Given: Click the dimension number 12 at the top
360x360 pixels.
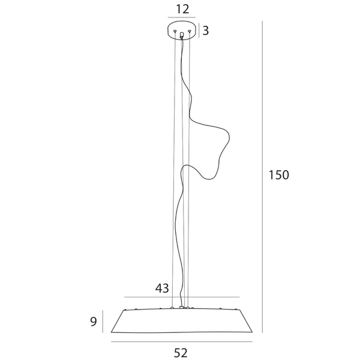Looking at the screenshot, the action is pyautogui.click(x=183, y=9).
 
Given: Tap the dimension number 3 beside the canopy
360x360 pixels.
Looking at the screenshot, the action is pyautogui.click(x=205, y=31).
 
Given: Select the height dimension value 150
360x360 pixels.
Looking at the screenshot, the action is pyautogui.click(x=279, y=175).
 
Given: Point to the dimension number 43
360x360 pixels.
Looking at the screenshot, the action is pyautogui.click(x=162, y=289).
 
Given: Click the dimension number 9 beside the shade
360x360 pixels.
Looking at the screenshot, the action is pyautogui.click(x=94, y=322).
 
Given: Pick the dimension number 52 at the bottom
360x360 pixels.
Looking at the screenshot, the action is pyautogui.click(x=181, y=353).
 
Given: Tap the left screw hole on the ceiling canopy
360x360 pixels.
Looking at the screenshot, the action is pyautogui.click(x=175, y=31).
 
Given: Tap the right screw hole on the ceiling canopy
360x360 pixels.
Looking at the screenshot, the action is pyautogui.click(x=189, y=31).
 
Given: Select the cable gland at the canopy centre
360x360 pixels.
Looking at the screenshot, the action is pyautogui.click(x=182, y=35).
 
